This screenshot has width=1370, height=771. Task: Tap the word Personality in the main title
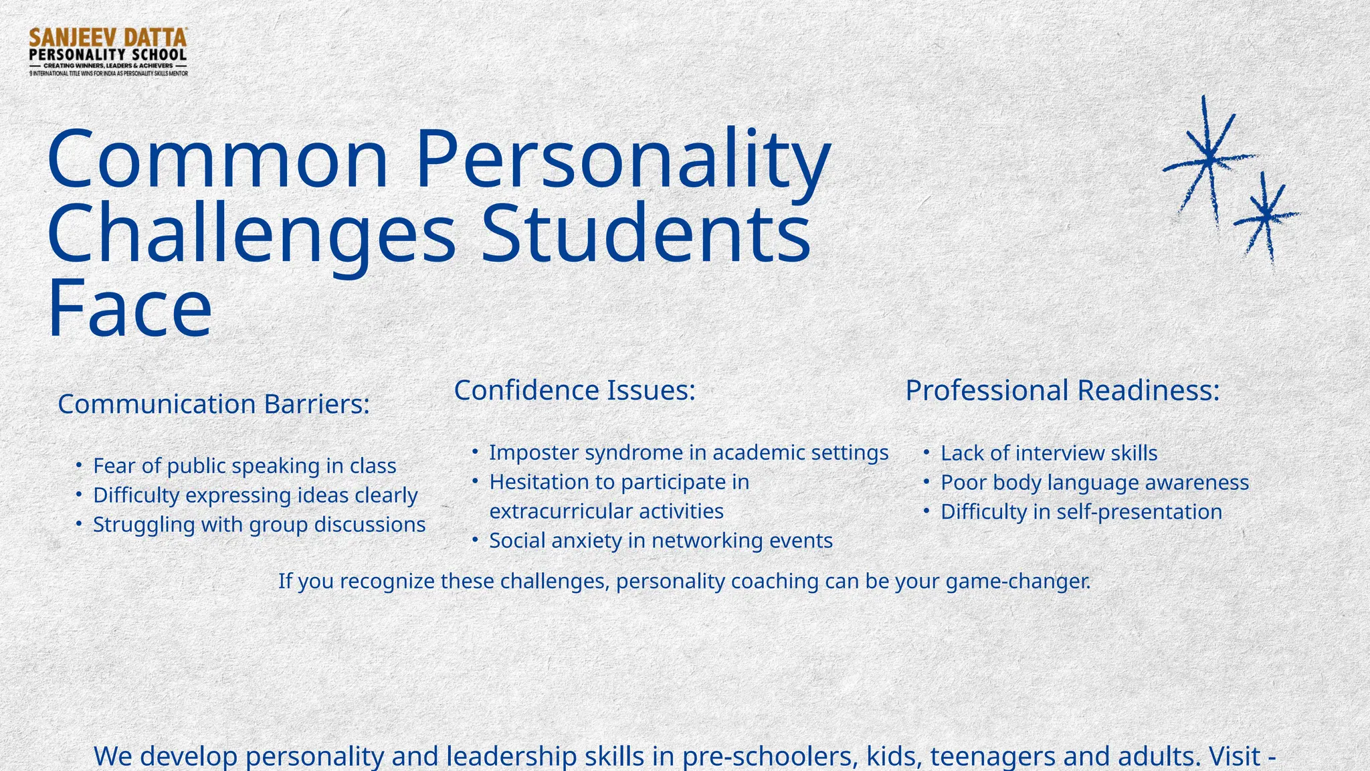pos(622,161)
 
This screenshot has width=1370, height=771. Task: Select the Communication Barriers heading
pos(213,404)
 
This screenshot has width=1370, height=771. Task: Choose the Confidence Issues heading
pos(575,390)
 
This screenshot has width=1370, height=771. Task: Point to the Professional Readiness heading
pos(1062,391)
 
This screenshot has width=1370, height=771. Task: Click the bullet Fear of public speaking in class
pos(244,466)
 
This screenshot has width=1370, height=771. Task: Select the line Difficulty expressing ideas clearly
pos(255,495)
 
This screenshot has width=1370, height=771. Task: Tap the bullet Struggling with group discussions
pos(259,525)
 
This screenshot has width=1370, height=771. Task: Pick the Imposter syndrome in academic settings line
pos(688,452)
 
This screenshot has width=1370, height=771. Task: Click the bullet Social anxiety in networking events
pos(660,541)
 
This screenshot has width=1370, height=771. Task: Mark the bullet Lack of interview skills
pos(1048,453)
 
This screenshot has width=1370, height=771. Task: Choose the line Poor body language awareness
pos(1094,483)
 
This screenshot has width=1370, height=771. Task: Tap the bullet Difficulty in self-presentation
pos(1081,512)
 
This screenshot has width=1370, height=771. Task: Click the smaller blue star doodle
pos(1265,216)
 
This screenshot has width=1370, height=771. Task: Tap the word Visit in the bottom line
pos(1235,756)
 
